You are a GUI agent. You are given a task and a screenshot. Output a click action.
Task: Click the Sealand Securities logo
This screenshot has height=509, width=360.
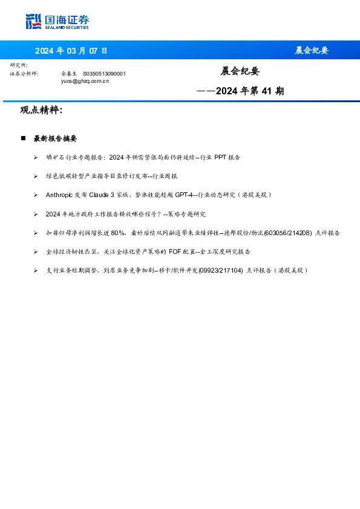(57, 22)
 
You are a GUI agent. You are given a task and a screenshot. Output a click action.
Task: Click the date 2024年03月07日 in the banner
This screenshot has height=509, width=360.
(71, 50)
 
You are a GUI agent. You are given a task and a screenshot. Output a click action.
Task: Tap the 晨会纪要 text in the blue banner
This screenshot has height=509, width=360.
(312, 50)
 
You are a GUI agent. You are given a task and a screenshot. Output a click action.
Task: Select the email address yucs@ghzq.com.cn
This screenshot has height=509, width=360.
(85, 80)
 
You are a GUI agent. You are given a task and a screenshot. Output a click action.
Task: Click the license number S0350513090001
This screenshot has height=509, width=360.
(104, 73)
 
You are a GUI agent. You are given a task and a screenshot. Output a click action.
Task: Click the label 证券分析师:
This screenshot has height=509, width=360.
(24, 73)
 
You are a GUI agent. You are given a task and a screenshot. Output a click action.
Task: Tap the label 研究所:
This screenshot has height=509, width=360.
(19, 65)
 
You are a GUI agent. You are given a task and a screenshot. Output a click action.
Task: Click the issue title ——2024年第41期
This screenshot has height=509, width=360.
(241, 92)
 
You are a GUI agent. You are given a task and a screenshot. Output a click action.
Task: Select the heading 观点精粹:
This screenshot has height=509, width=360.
(41, 111)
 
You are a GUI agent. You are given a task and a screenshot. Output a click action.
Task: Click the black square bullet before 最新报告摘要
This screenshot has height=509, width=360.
(23, 138)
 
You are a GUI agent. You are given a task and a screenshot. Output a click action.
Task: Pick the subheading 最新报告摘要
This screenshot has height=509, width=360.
(55, 138)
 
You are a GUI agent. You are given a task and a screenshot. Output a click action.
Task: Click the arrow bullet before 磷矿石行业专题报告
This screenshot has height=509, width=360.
(36, 157)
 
